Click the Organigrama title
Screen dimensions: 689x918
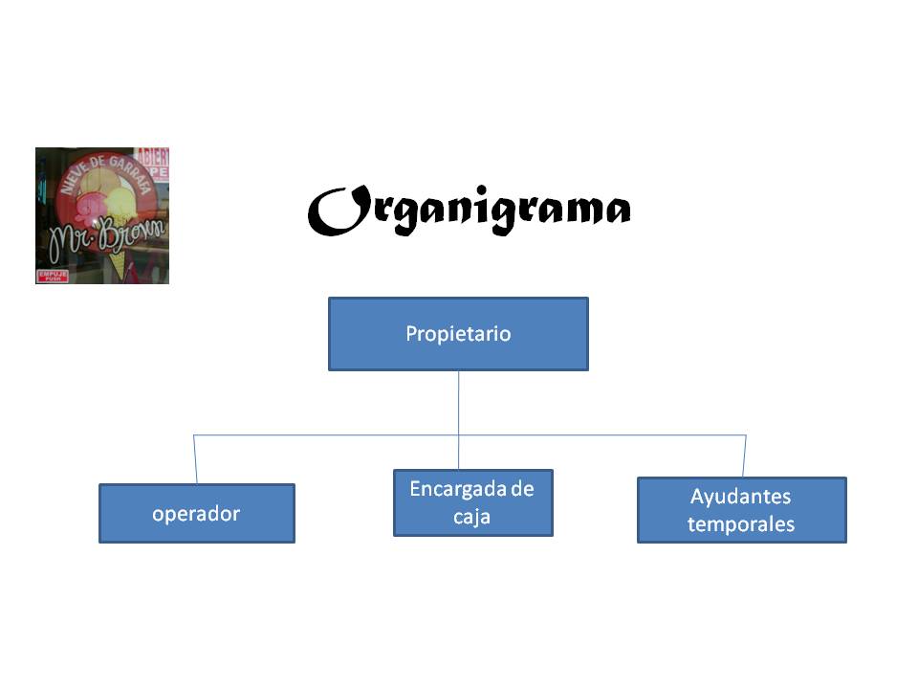point(469,209)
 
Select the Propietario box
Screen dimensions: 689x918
point(458,334)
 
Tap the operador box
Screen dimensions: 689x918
point(196,514)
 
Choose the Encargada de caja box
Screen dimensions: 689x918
point(472,502)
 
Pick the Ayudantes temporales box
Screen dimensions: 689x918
point(741,510)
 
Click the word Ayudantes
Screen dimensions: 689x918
point(741,498)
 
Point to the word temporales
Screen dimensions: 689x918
point(741,524)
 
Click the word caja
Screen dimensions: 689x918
point(472,517)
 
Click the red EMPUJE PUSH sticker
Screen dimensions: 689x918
point(52,276)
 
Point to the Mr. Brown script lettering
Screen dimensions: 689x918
point(105,233)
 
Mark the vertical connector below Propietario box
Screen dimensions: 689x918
point(458,402)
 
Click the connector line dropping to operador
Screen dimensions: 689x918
point(195,459)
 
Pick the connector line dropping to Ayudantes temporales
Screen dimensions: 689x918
point(745,456)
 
